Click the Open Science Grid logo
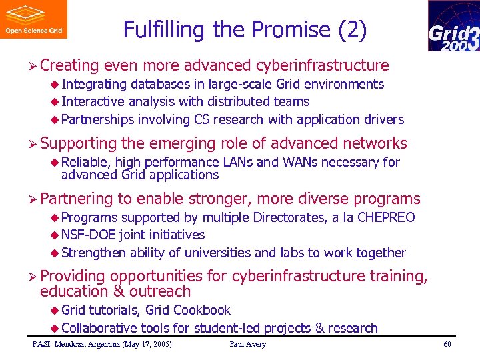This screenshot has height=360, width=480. (x=33, y=19)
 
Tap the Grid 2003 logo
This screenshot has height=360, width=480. (x=453, y=26)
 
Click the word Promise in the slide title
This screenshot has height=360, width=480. (x=292, y=30)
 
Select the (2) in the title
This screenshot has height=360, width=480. (x=353, y=30)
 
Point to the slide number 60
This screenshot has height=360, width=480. (x=447, y=344)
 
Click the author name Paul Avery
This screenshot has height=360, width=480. (x=247, y=344)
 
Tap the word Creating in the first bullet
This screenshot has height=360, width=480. (x=69, y=65)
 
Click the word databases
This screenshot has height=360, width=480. (x=160, y=84)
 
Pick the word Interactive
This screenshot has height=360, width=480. (x=93, y=101)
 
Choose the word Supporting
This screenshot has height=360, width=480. (x=78, y=143)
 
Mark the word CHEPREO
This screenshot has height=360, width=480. (x=386, y=217)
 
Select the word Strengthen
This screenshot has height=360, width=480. (x=94, y=253)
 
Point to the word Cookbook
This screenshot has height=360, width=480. (x=201, y=310)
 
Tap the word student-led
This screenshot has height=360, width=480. (x=227, y=328)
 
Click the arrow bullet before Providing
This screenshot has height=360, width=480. (x=33, y=276)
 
